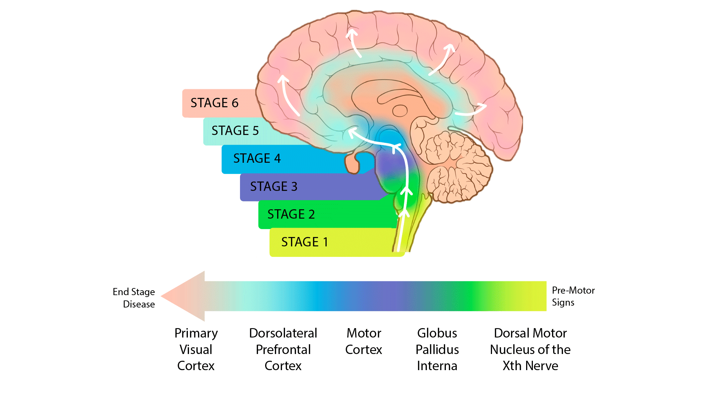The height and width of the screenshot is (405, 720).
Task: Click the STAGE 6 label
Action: click(x=214, y=103)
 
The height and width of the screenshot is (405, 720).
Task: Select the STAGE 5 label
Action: click(x=235, y=130)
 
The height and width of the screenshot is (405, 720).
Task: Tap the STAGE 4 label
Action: click(x=257, y=158)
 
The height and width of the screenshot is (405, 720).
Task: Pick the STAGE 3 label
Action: click(x=273, y=186)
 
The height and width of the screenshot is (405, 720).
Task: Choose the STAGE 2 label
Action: click(x=291, y=214)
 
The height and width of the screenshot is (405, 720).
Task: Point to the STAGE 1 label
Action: click(x=304, y=242)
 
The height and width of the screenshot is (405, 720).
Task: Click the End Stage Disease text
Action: click(x=134, y=298)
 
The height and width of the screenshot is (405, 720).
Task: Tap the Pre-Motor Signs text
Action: click(x=573, y=296)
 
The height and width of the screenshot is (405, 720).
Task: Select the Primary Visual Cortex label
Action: click(x=196, y=349)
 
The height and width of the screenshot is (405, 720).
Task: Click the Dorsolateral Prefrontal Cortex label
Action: click(x=283, y=349)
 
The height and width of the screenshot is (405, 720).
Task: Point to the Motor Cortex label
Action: click(x=363, y=341)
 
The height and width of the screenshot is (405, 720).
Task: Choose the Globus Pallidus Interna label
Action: click(x=437, y=349)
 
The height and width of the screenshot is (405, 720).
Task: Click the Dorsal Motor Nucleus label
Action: click(x=530, y=349)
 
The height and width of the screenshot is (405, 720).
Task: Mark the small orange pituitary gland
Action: click(x=352, y=163)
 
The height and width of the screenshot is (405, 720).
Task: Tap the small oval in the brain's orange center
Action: click(x=400, y=111)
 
